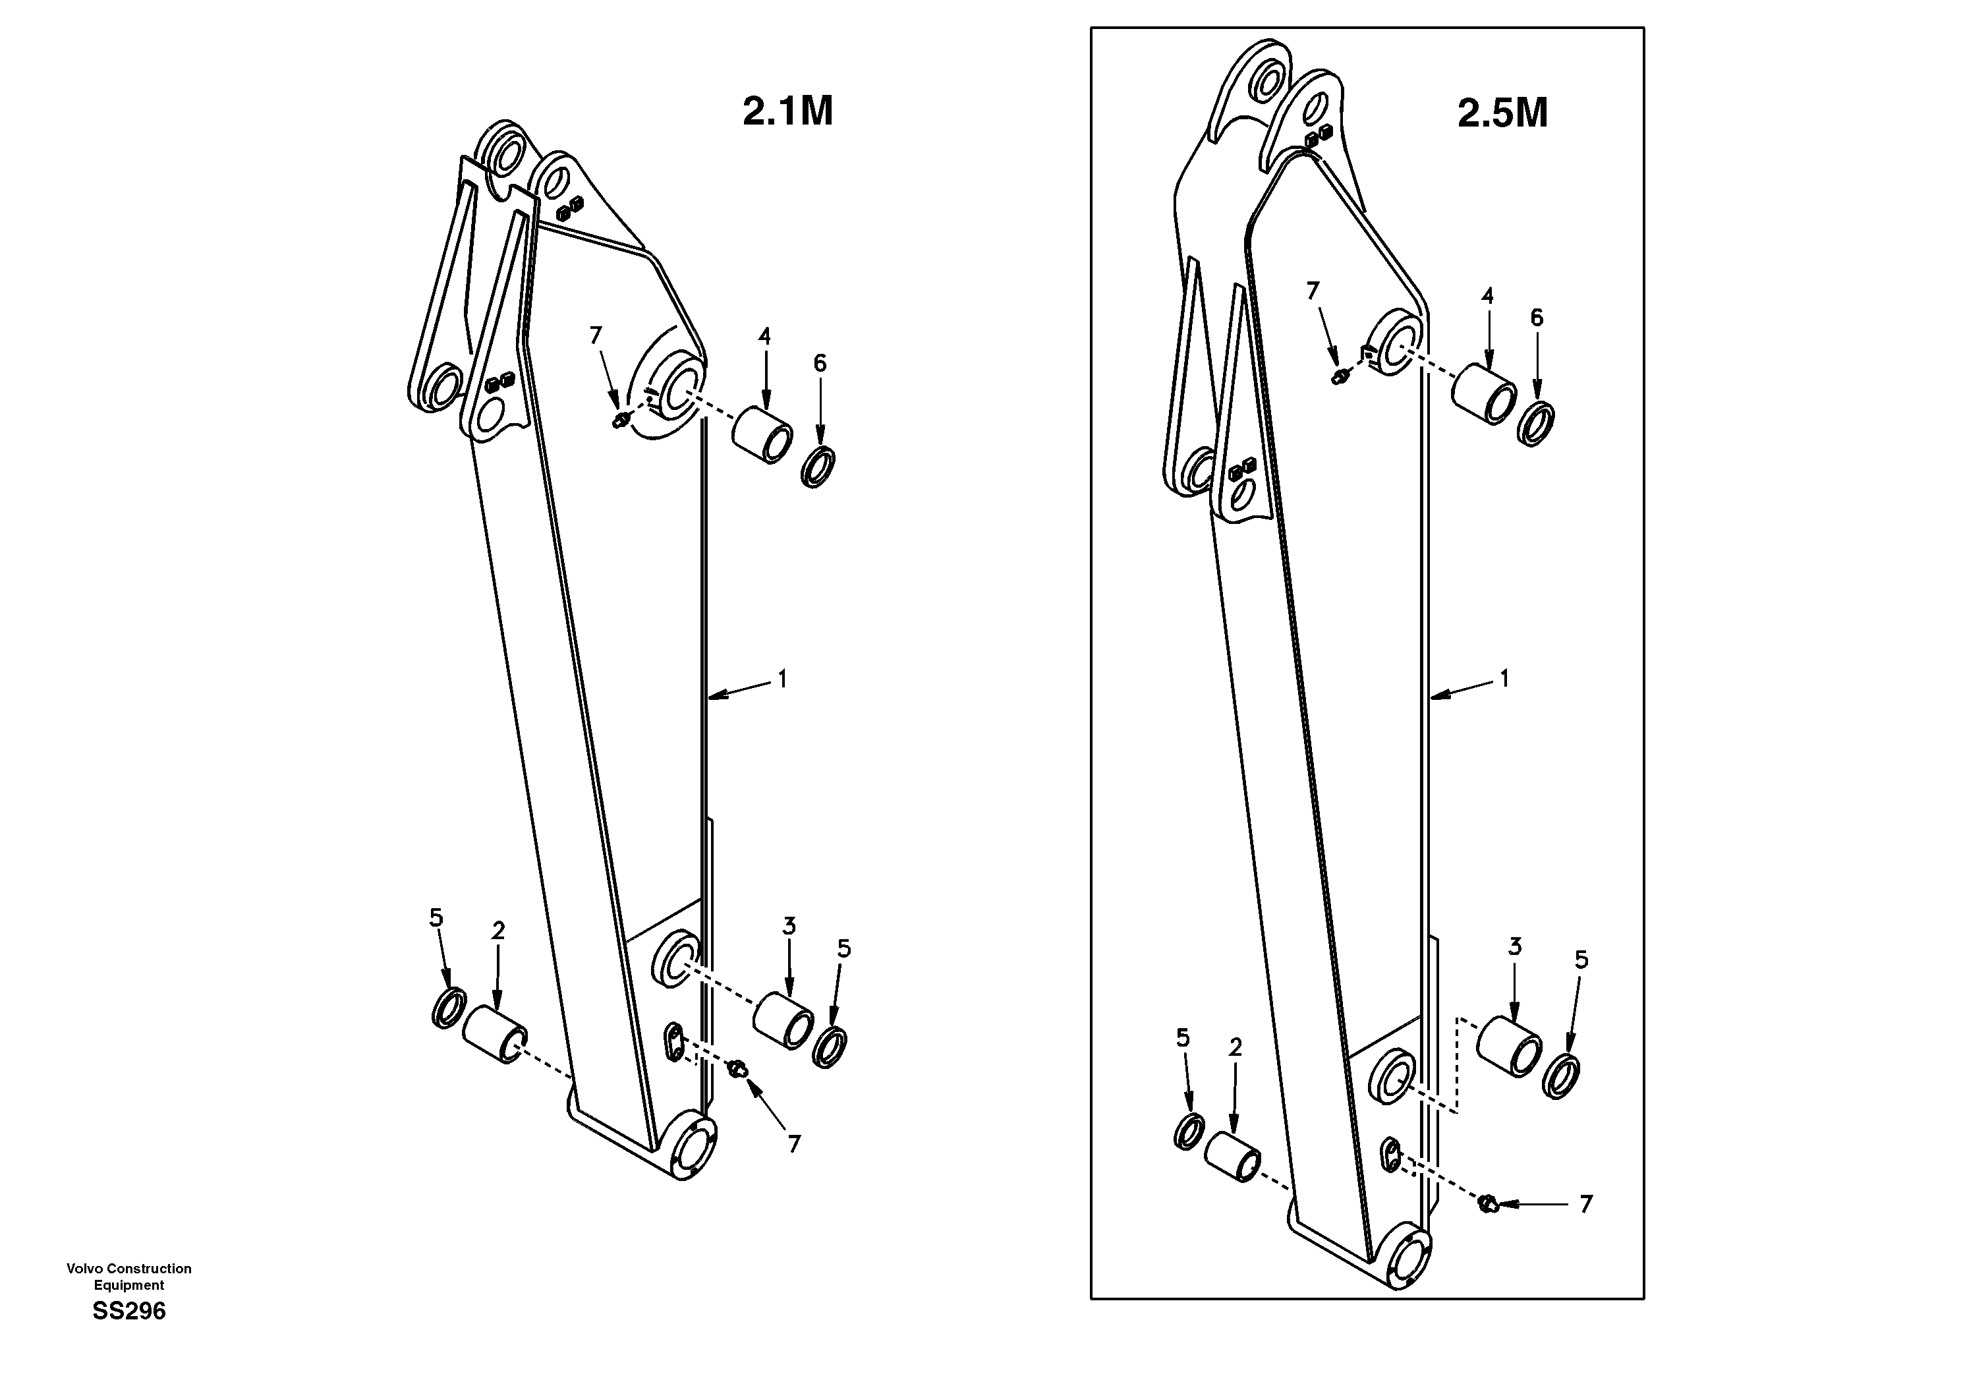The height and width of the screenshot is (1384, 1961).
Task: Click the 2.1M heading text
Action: tap(787, 112)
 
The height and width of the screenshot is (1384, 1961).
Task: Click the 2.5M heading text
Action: tap(1502, 113)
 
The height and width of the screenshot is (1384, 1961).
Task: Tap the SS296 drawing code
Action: tap(129, 1312)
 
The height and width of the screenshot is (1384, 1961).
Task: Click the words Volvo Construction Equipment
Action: tap(129, 1277)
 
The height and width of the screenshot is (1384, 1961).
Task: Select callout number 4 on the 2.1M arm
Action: tap(764, 337)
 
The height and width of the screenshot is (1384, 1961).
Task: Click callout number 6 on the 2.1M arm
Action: tap(820, 364)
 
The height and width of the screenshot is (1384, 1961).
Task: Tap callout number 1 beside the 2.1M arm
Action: tap(782, 679)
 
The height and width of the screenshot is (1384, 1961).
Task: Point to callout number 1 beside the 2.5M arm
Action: tap(1504, 678)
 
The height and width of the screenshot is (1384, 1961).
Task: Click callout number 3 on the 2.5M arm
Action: tap(1514, 946)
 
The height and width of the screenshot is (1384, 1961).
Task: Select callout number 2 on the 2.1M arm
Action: tap(498, 931)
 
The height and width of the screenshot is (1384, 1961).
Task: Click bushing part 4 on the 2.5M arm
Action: tap(1485, 394)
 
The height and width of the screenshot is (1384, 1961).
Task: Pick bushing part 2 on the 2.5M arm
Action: tap(1232, 1157)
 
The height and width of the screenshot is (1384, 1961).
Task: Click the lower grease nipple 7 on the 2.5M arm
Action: tap(1489, 1203)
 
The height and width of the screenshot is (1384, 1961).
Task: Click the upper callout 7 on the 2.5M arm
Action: tap(1314, 291)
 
